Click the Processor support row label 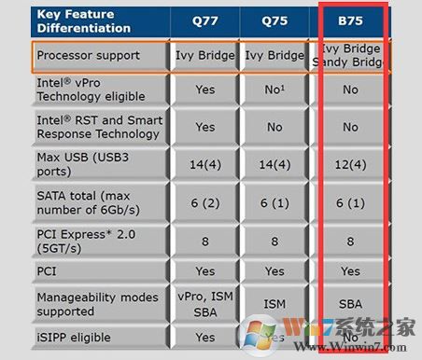point(88,55)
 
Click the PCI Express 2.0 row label point(90,238)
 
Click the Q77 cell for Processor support point(204,55)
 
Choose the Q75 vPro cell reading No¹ point(274,90)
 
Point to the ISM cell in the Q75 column point(274,303)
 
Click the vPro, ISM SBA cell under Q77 point(204,304)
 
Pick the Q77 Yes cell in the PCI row point(204,271)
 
